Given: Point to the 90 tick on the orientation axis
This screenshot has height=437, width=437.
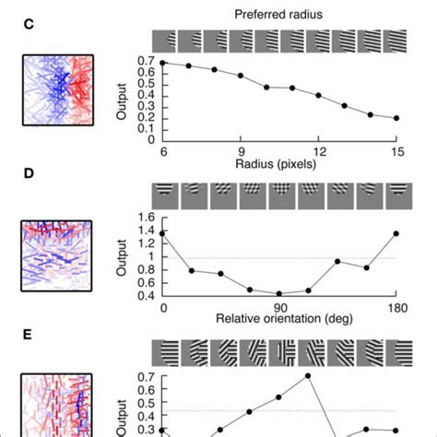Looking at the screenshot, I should click(x=281, y=304).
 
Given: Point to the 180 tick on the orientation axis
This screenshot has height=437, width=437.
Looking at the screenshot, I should click(x=398, y=304).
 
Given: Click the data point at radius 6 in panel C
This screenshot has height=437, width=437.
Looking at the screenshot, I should click(x=163, y=63).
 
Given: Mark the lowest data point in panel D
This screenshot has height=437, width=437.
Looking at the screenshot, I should click(x=281, y=293).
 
